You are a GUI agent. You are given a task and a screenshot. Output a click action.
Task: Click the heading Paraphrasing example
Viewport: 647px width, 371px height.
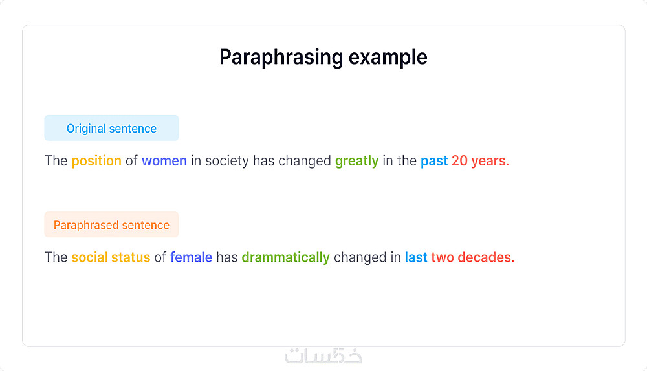(323, 58)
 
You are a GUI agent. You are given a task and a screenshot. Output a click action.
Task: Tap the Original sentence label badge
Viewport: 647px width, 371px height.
(111, 128)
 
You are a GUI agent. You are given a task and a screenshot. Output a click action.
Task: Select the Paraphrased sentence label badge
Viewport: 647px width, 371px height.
(111, 224)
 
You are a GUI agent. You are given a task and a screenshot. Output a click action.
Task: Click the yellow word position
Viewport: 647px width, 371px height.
(96, 161)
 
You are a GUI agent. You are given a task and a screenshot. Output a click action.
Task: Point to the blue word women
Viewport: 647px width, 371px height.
(164, 161)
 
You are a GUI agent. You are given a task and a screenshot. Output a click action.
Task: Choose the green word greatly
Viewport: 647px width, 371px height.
(357, 161)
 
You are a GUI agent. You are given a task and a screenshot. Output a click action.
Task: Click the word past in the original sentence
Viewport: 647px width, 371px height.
(434, 161)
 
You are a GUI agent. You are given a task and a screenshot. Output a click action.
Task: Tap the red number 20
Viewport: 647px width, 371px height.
(459, 161)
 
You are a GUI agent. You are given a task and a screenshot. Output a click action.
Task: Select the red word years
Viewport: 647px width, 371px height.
(490, 161)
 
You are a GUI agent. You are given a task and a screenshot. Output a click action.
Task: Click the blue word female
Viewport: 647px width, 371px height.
(191, 257)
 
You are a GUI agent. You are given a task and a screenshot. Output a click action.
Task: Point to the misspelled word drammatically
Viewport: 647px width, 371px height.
(285, 258)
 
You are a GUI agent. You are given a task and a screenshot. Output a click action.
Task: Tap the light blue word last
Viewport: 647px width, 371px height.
(416, 257)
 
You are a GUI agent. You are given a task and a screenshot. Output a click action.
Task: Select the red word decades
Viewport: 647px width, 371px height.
(486, 257)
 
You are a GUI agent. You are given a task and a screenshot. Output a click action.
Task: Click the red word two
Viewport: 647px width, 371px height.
(443, 257)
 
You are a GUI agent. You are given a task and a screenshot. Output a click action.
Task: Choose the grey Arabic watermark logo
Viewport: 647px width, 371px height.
(323, 355)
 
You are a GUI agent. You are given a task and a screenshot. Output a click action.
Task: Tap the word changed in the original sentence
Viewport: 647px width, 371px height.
(305, 161)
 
